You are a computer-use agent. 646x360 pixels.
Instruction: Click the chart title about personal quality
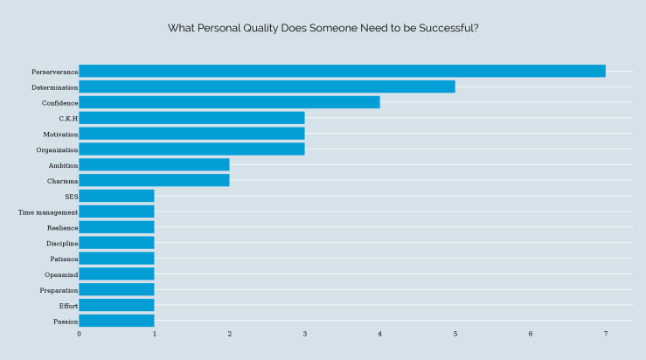[x=323, y=28]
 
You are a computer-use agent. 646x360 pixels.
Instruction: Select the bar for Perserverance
[x=342, y=71]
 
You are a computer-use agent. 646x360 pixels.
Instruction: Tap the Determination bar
[x=267, y=87]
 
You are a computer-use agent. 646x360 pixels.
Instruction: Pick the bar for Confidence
[x=229, y=102]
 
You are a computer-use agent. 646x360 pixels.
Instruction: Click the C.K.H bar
[x=191, y=118]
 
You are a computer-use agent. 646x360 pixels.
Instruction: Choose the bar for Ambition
[x=154, y=164]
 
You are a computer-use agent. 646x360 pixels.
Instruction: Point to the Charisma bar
[x=154, y=180]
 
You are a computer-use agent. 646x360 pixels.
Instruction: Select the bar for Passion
[x=116, y=321]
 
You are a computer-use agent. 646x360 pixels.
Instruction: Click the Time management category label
[x=48, y=211]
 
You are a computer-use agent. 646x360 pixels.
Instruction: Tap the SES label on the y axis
[x=71, y=196]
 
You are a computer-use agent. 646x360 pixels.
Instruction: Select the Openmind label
[x=61, y=274]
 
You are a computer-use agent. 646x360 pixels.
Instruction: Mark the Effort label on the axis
[x=68, y=306]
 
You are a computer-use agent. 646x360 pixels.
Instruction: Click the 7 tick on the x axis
[x=605, y=334]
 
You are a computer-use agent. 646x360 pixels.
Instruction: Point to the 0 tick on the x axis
[x=79, y=334]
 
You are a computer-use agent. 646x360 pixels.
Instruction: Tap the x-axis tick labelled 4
[x=379, y=334]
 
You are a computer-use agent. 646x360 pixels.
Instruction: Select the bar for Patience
[x=116, y=259]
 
